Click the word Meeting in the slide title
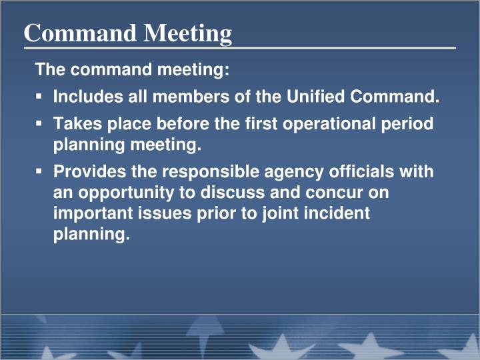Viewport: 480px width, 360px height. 189,33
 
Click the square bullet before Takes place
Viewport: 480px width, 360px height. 39,124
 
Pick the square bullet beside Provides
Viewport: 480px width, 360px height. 39,172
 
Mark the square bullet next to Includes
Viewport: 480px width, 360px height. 39,97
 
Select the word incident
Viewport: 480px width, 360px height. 337,214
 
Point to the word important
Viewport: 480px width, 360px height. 88,214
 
